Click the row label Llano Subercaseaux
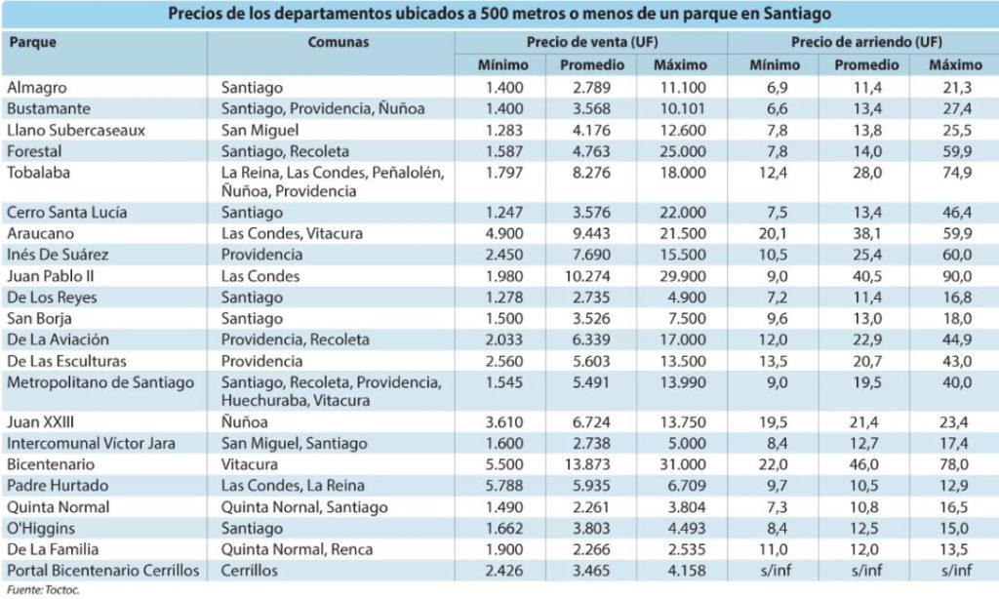pos(76,130)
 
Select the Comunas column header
pos(339,42)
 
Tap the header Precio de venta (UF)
pos(592,42)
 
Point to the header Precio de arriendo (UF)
pos(866,42)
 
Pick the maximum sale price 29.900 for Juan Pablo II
pos(683,276)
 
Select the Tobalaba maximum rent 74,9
pos(957,172)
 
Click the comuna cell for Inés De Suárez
pos(261,255)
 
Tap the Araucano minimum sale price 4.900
pos(504,233)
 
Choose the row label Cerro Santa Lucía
pos(67,213)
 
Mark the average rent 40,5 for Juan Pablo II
pos(867,276)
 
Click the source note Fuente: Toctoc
pos(43,590)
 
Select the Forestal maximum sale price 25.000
pos(683,151)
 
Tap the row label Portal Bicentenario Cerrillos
pos(102,571)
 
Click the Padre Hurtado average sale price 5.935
pos(591,485)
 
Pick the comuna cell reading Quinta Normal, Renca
pos(297,549)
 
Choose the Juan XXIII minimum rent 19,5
pos(773,421)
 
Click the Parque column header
pos(33,42)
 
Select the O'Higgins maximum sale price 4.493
pos(687,528)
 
